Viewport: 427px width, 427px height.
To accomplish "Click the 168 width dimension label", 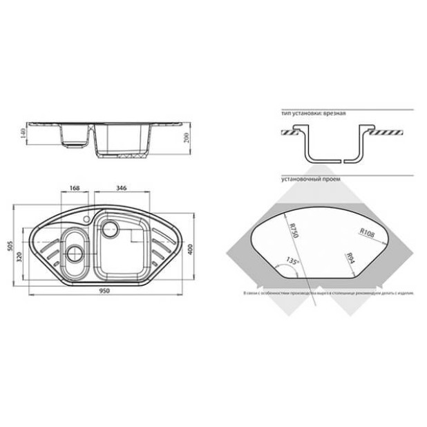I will [76, 187].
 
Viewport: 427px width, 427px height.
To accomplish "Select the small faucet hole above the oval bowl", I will [86, 220].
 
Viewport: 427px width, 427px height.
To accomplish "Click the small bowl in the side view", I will [74, 137].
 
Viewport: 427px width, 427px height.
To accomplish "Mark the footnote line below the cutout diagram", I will [328, 293].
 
